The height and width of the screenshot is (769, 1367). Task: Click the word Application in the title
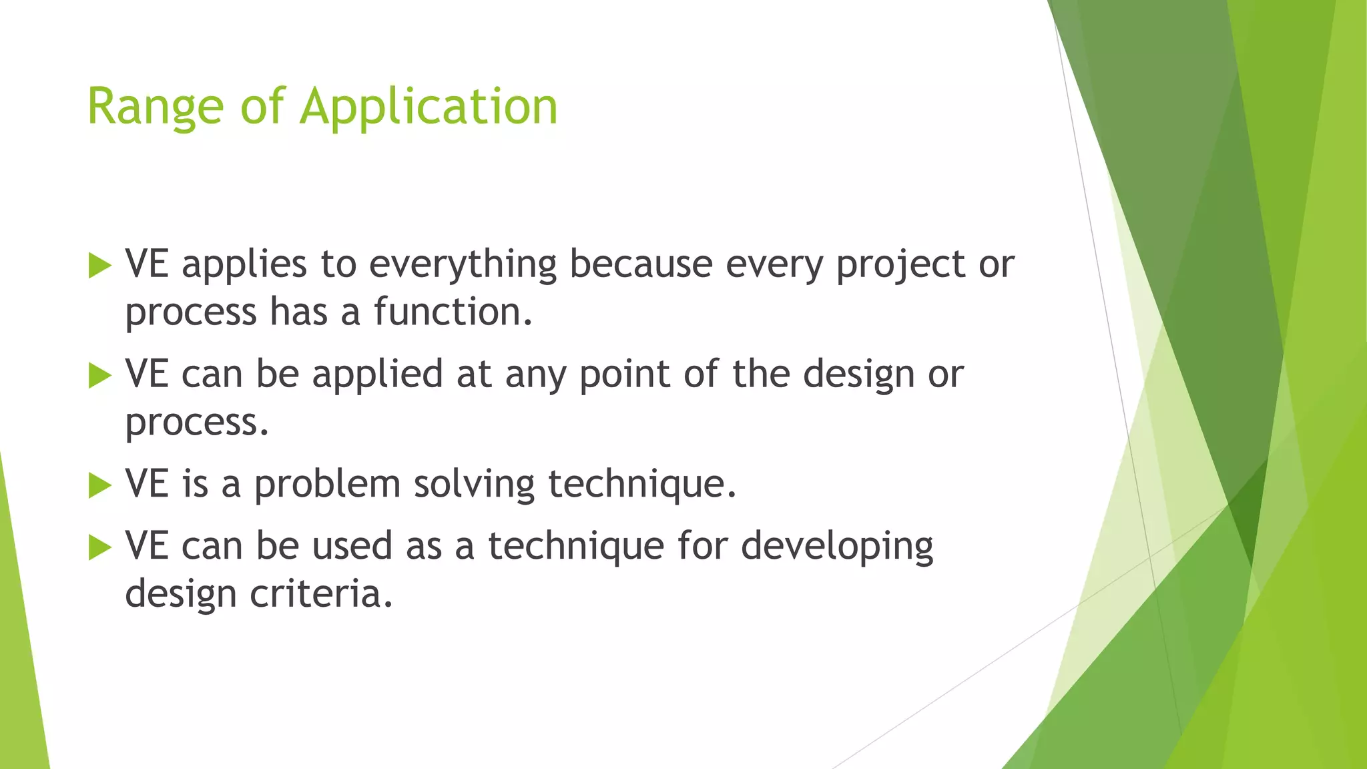428,107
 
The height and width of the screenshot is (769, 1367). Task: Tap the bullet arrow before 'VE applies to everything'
99,266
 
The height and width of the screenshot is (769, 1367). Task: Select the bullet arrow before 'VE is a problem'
99,485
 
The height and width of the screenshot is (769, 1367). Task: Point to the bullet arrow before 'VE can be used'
99,548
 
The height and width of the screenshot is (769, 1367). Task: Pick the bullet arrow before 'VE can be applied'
99,376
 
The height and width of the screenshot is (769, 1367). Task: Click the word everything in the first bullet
463,264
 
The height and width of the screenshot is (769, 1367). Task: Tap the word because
641,264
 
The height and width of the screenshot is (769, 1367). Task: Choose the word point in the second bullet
624,374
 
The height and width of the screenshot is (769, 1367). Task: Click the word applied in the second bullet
378,374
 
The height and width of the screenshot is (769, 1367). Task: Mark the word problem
327,484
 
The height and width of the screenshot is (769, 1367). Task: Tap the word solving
474,484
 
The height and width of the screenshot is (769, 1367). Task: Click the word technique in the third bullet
642,484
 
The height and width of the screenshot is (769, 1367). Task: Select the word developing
837,547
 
